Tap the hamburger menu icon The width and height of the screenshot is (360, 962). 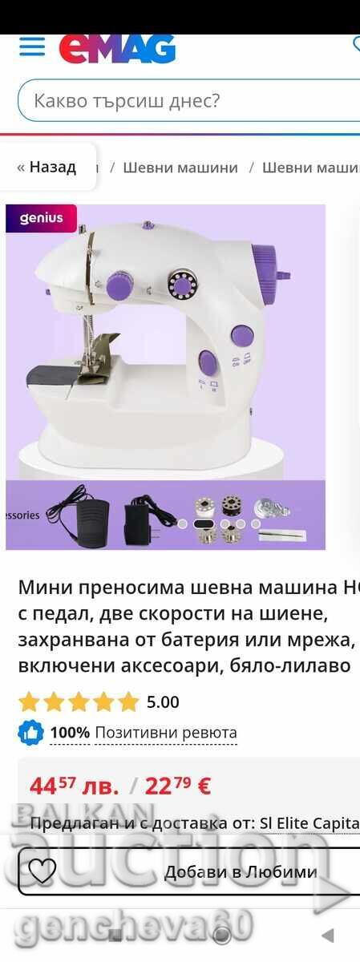(32, 46)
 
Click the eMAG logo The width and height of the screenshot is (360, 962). (117, 49)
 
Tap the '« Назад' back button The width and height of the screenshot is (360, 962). (47, 167)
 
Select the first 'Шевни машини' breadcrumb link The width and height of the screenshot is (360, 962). (180, 168)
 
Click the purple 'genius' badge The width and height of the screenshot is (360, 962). (41, 218)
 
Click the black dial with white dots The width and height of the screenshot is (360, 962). (182, 283)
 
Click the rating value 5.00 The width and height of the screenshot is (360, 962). (163, 702)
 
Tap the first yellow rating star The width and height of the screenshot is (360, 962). (30, 702)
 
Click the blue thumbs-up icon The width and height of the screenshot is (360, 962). (30, 733)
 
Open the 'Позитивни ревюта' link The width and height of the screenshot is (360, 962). (166, 733)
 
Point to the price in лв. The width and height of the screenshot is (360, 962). (74, 786)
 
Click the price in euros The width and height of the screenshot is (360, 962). (177, 786)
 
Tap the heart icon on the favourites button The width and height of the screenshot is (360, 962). (42, 871)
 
